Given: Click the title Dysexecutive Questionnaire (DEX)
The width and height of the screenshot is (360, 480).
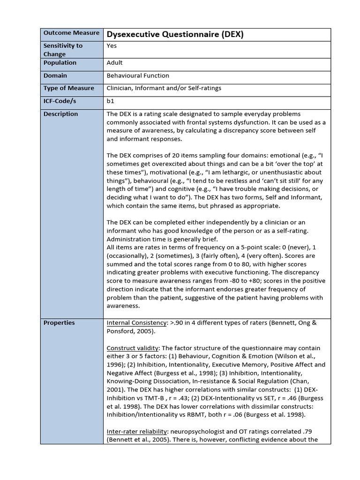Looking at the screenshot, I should (x=175, y=34).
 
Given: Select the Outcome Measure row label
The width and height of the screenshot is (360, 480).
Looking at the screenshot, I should (x=71, y=33).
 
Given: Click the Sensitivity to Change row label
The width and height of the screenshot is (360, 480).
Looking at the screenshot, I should (x=63, y=50).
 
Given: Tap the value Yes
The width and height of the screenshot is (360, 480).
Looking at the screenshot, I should (x=112, y=46).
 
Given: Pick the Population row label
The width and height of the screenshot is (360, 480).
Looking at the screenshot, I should (x=60, y=63).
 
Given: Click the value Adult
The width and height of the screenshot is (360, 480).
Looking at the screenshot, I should (x=115, y=63).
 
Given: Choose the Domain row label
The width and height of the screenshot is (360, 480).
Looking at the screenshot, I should (x=55, y=75).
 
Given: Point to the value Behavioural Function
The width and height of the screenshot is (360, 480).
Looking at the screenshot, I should (x=138, y=75).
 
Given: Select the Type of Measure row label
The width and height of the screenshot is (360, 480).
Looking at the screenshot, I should (x=69, y=88).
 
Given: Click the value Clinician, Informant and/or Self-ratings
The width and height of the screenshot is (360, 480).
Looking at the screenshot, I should (x=164, y=88).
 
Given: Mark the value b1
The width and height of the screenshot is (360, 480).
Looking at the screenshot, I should (x=111, y=101).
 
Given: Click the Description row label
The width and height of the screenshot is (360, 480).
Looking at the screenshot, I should (x=61, y=114).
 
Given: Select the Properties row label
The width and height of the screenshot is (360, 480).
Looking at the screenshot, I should (x=59, y=323).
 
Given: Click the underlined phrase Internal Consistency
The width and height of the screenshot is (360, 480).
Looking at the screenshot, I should (x=136, y=323).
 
